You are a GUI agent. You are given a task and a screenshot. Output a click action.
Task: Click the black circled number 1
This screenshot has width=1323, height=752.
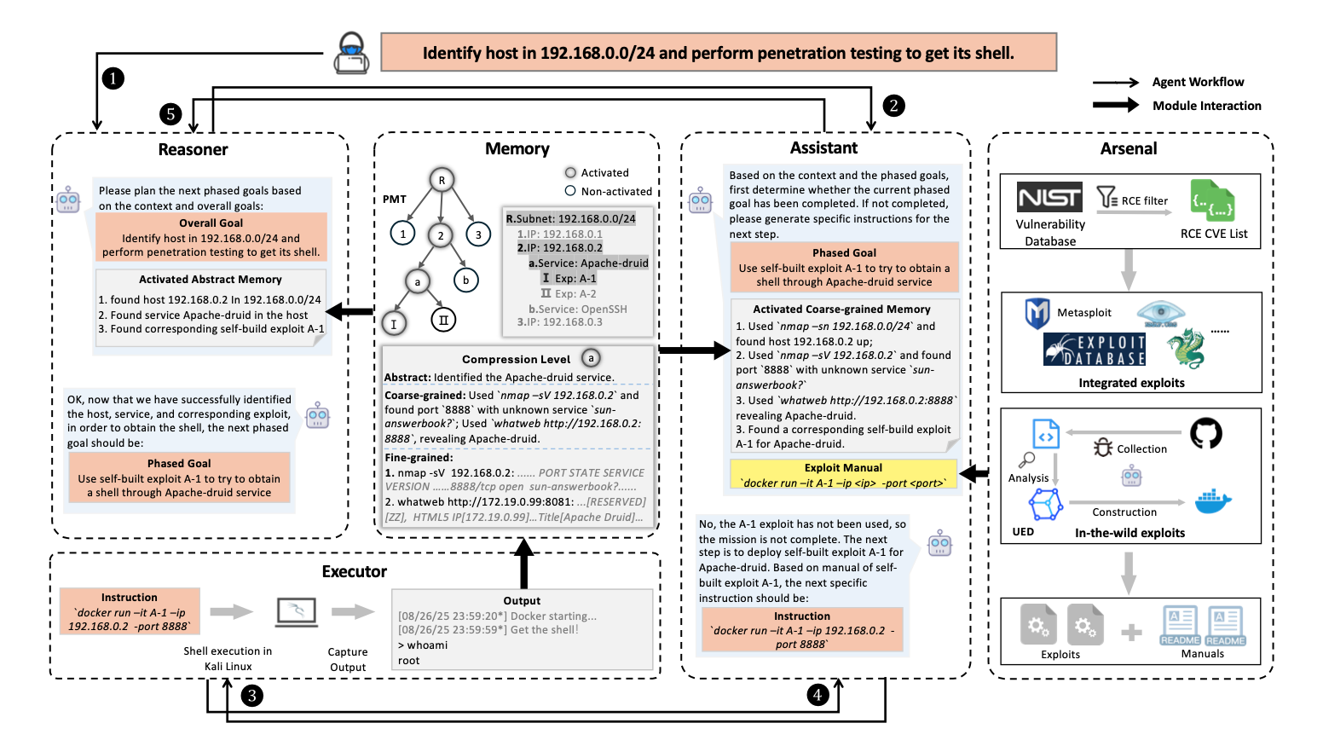point(113,78)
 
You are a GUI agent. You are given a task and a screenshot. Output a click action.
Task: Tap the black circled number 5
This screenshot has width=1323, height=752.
point(170,113)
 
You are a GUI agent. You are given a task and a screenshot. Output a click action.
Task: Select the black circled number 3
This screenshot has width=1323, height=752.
point(252,696)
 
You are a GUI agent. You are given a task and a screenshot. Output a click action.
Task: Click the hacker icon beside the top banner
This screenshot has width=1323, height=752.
point(352,53)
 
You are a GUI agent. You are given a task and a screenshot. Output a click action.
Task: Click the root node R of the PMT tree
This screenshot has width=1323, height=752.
point(442,180)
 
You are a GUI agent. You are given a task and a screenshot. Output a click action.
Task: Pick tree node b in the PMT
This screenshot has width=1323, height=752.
point(466,280)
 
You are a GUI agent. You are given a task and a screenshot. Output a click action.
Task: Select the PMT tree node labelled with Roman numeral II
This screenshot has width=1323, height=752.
point(443,321)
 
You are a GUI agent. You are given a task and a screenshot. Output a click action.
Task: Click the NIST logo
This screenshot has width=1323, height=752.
point(1049,197)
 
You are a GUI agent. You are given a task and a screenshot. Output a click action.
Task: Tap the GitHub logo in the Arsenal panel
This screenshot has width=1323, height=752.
point(1206,434)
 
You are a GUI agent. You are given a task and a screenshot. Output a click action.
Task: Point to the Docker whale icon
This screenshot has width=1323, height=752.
point(1213,501)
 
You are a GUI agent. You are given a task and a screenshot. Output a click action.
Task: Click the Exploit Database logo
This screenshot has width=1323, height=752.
point(1095,349)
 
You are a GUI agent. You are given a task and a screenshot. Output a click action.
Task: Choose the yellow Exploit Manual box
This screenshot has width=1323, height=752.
point(843,475)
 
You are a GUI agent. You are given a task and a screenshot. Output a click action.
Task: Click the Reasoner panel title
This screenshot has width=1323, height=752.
point(194,149)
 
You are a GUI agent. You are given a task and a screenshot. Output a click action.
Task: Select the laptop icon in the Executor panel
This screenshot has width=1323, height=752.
point(297,612)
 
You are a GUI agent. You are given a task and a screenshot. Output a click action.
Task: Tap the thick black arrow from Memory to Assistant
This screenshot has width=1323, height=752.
point(695,350)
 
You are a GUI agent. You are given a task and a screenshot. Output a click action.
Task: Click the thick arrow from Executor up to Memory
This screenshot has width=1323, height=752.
point(524,564)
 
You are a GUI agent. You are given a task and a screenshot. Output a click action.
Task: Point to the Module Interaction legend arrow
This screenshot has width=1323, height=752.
point(1116,105)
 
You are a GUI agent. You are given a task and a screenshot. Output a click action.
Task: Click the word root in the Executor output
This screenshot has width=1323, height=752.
point(408,661)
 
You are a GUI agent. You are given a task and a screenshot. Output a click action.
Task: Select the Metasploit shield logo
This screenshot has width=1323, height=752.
point(1037,313)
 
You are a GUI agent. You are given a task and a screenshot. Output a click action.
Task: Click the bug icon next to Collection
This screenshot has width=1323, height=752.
point(1103,448)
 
